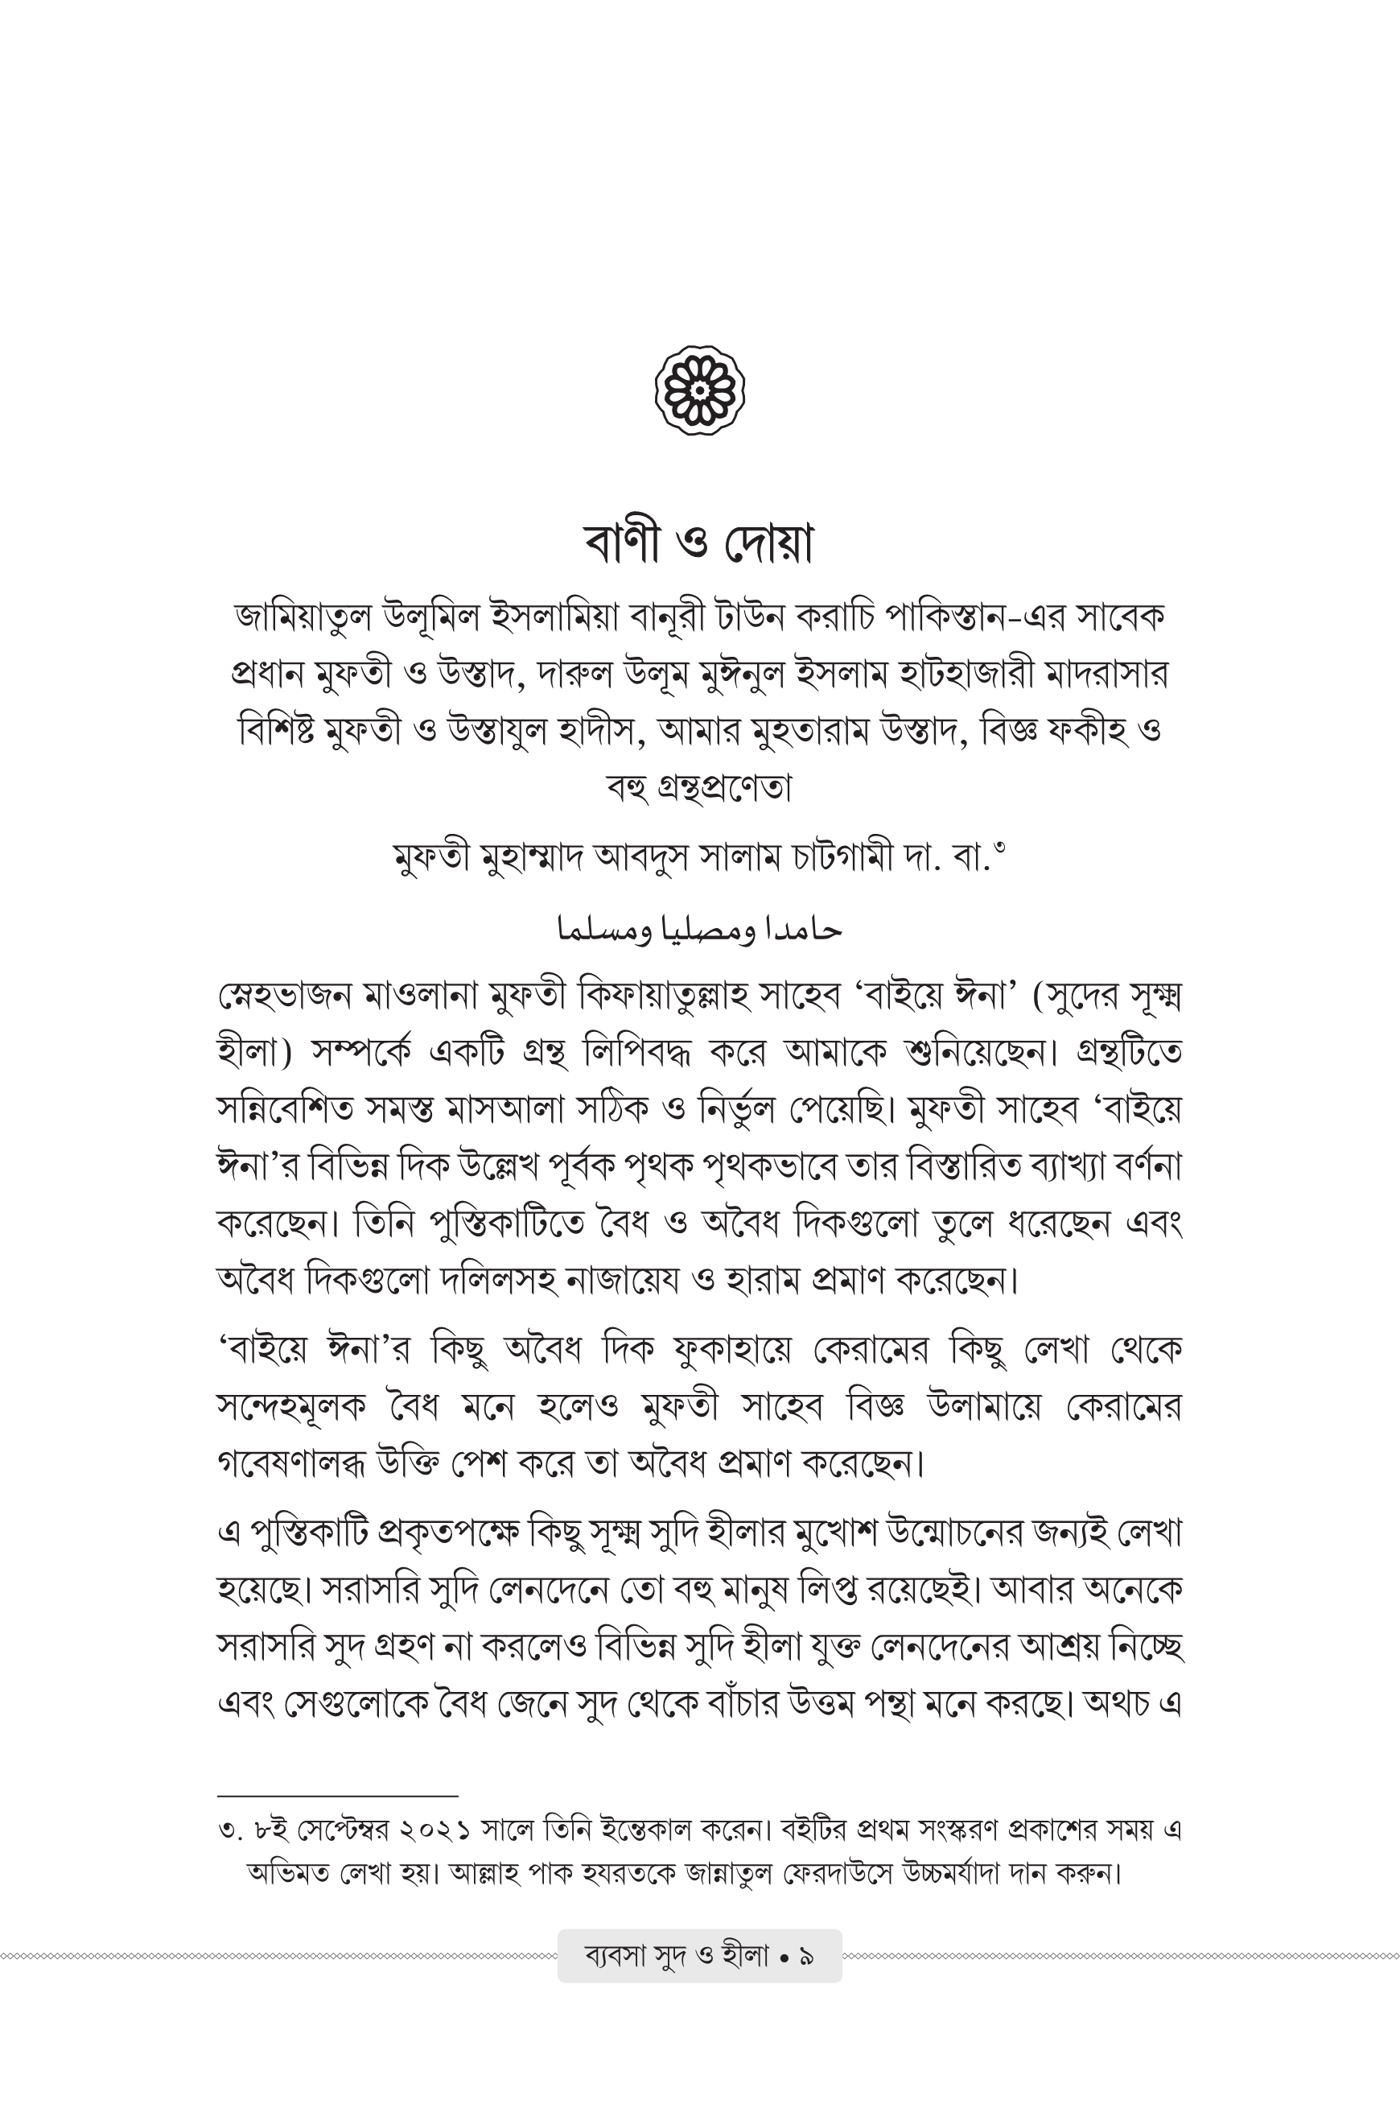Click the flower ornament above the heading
click(x=700, y=391)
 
